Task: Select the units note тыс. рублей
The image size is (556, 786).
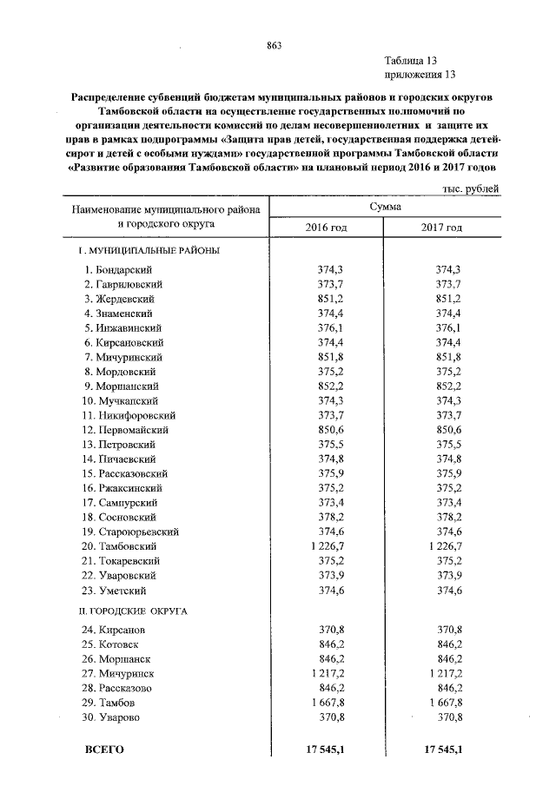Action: [x=470, y=188]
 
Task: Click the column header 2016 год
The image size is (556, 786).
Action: [x=327, y=227]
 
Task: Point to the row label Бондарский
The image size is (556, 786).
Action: [x=128, y=269]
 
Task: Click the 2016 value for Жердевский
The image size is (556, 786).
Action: [x=327, y=298]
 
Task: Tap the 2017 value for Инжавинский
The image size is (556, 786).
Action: [x=447, y=327]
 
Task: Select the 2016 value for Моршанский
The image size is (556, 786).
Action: [x=327, y=386]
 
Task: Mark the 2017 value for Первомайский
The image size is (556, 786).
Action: [x=447, y=429]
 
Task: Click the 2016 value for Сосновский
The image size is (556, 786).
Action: [x=327, y=517]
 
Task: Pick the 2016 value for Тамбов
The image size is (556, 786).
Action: [x=322, y=702]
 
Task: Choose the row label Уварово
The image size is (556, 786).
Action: [x=122, y=717]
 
